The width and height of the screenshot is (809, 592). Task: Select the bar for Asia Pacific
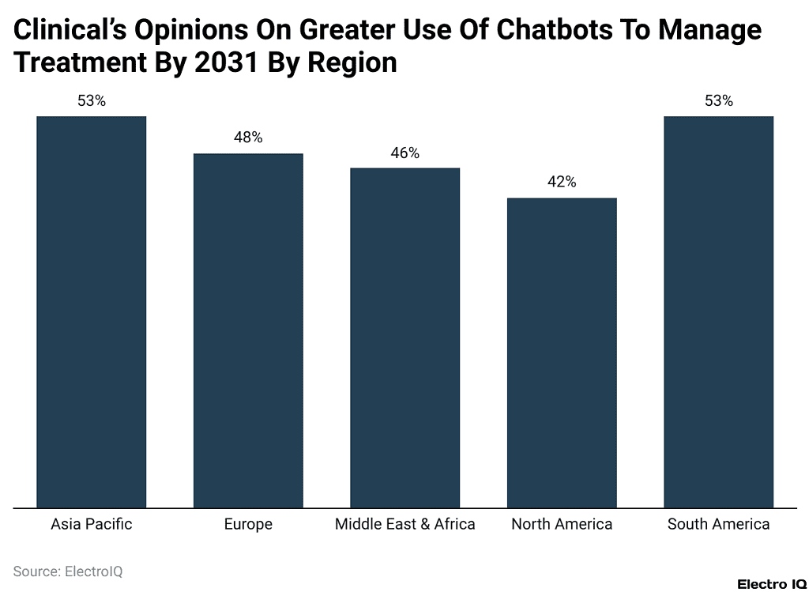tap(92, 311)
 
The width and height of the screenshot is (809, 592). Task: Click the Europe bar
tap(248, 330)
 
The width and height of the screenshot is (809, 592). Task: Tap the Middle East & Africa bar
tap(404, 337)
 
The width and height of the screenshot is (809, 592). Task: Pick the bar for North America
tap(562, 353)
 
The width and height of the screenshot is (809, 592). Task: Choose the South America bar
tap(718, 311)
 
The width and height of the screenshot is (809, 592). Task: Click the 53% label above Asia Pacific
tap(92, 101)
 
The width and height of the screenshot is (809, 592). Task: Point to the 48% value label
tap(248, 138)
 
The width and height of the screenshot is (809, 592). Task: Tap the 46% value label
tap(404, 153)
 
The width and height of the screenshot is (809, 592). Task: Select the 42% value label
tap(562, 182)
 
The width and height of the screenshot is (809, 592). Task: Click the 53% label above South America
tap(718, 101)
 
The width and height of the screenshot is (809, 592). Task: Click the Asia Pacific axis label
tap(92, 524)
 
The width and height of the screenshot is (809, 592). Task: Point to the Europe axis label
tap(248, 524)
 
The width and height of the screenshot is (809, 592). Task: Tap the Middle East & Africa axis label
tap(404, 524)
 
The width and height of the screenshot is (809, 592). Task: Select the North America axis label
tap(562, 524)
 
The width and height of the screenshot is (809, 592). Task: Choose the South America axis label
tap(718, 524)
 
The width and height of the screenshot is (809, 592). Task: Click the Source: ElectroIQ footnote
tap(68, 571)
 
